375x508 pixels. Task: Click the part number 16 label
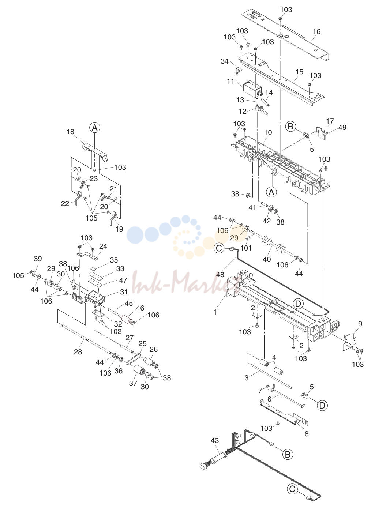click(x=316, y=31)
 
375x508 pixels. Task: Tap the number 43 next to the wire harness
click(x=215, y=440)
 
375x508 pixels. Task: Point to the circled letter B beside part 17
click(x=290, y=127)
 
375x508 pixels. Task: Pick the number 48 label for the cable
click(x=220, y=275)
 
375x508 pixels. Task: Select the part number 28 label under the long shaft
click(x=78, y=352)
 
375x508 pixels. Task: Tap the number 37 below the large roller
click(x=133, y=383)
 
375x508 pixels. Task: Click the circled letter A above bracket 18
click(x=95, y=128)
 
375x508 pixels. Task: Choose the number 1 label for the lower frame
click(x=215, y=312)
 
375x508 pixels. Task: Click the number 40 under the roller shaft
click(x=267, y=260)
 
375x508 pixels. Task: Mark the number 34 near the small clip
click(x=225, y=61)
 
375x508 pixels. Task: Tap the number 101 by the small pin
click(x=246, y=248)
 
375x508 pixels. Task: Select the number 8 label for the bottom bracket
click(x=307, y=433)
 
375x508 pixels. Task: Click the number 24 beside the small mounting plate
click(x=103, y=246)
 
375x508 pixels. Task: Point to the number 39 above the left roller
click(x=38, y=259)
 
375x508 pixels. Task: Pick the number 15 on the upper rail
click(x=299, y=72)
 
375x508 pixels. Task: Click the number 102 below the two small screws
click(x=116, y=331)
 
